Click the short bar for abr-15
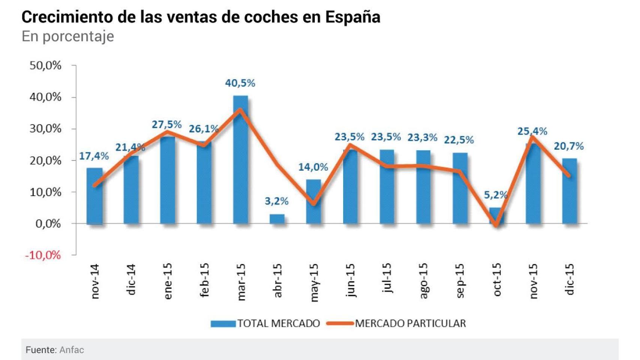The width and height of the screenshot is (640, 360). tap(277, 219)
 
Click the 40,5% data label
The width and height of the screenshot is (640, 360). tap(240, 83)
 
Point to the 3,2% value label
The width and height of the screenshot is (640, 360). tap(276, 201)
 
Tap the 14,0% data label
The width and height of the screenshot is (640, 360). tap(313, 167)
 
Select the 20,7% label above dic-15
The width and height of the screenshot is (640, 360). tap(569, 146)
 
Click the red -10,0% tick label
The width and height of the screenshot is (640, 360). tap(43, 255)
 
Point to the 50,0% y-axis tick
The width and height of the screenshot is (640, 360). tap(45, 66)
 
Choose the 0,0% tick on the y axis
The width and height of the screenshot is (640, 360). tap(48, 224)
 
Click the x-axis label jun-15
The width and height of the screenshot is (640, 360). tap(350, 280)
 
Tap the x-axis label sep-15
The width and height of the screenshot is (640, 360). tap(460, 280)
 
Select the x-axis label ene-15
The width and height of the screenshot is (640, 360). tap(168, 281)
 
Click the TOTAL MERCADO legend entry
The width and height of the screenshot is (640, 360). tap(265, 323)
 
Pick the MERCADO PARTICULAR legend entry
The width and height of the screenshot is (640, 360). tap(396, 323)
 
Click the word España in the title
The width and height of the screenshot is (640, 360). tap(353, 17)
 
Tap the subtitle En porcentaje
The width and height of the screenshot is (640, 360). tap(68, 36)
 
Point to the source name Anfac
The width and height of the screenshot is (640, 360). tap(72, 350)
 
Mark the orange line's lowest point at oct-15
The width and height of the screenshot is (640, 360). tap(496, 225)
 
